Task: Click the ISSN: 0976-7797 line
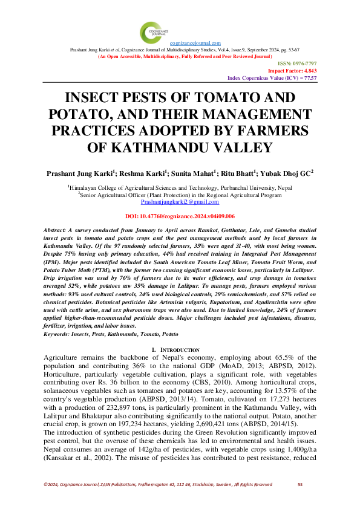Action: pos(298,63)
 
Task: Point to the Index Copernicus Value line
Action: pos(272,78)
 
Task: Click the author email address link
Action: pos(180,203)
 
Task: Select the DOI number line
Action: pos(180,216)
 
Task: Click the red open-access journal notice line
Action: pos(180,56)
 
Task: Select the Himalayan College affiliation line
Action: pos(180,188)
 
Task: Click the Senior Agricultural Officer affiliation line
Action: pos(180,195)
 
